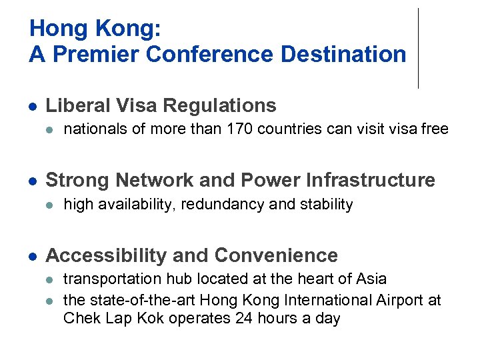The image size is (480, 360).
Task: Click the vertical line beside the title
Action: click(418, 48)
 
